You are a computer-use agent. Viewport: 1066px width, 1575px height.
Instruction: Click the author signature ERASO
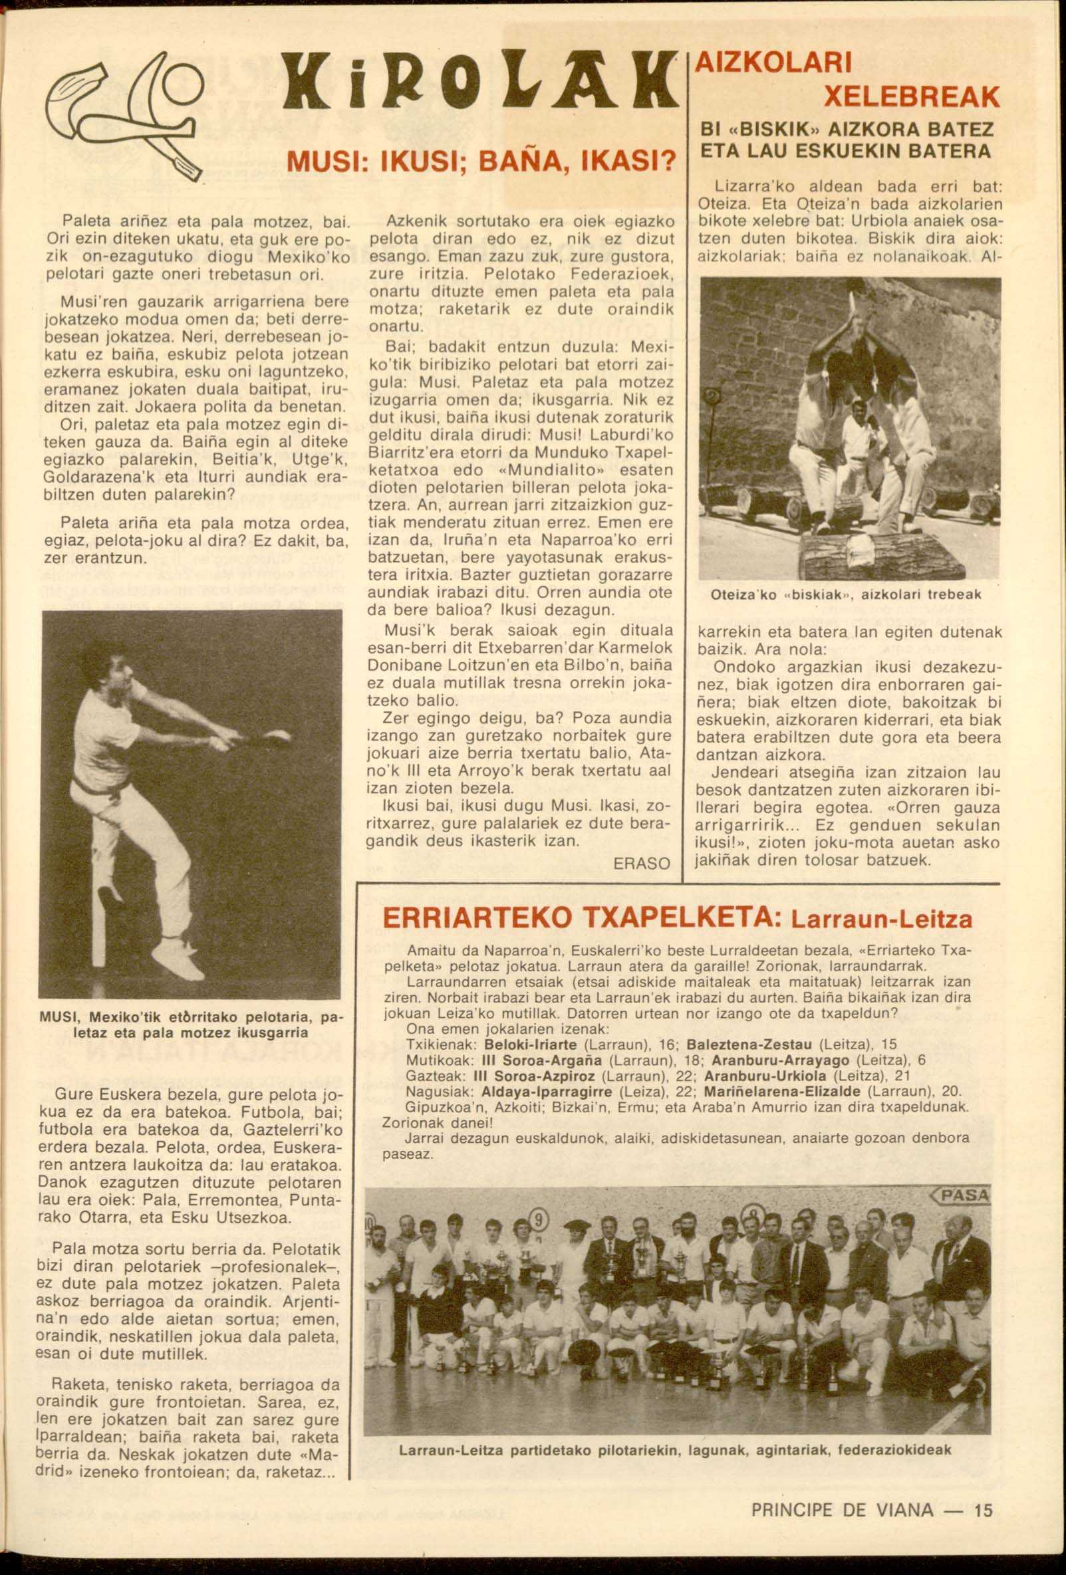coord(640,864)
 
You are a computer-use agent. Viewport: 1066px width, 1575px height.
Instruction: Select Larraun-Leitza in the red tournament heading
coord(881,919)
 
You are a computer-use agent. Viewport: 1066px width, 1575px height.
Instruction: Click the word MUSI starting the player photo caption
coord(61,1018)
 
